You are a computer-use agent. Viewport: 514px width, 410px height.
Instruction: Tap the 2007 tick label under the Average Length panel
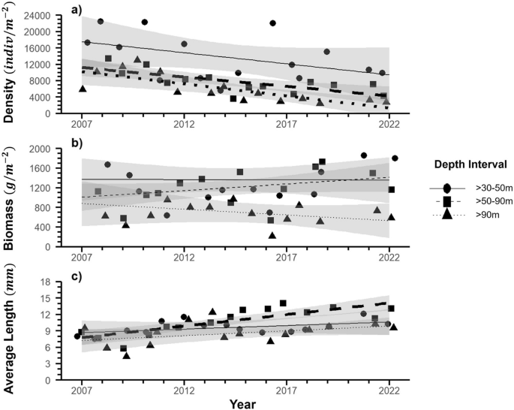click(81, 389)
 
